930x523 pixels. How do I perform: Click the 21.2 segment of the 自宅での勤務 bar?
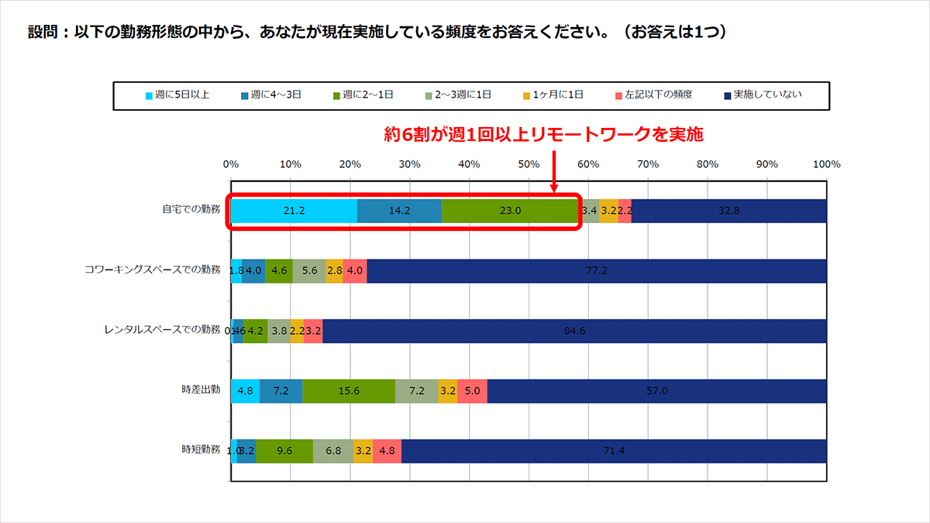tap(294, 211)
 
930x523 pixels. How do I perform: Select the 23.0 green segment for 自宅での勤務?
tap(510, 211)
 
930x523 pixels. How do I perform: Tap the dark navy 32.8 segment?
tap(728, 211)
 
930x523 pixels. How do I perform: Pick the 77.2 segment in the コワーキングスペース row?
tap(596, 270)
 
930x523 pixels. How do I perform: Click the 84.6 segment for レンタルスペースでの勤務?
tap(574, 331)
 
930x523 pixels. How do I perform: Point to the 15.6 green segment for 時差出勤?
tap(349, 391)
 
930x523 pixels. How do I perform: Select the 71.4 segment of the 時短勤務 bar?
tap(614, 450)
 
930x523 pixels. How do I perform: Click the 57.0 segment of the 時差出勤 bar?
tap(656, 391)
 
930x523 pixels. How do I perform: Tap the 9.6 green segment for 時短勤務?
tap(284, 450)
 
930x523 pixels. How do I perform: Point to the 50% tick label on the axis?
tap(529, 164)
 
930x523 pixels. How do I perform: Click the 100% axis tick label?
tap(826, 164)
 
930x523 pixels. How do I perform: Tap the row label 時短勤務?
tap(201, 450)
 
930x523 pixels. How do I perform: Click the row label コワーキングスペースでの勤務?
tap(153, 270)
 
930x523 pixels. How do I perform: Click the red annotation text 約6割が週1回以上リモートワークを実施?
tap(543, 136)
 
